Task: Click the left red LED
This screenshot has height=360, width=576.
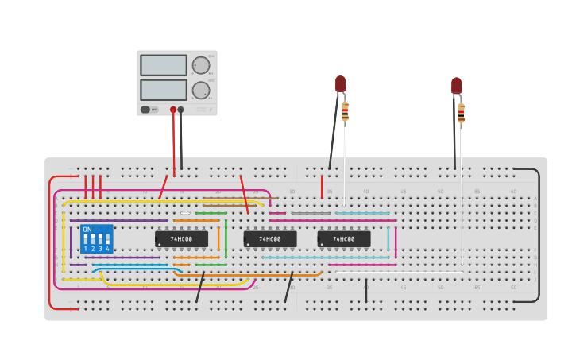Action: point(340,83)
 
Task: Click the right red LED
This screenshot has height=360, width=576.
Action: point(456,85)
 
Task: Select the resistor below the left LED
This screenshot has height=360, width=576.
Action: point(345,112)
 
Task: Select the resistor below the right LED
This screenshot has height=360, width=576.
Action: point(461,114)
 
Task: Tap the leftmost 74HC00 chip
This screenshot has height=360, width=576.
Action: point(181,238)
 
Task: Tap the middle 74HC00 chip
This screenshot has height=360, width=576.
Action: point(270,238)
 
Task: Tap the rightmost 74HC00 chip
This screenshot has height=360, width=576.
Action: point(344,238)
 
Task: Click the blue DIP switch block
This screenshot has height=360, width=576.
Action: point(96,238)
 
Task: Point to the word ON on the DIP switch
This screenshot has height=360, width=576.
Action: point(87,230)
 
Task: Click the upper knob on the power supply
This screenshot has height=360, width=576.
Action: point(201,65)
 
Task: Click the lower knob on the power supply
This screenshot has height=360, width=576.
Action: point(201,90)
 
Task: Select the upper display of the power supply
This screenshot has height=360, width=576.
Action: point(164,65)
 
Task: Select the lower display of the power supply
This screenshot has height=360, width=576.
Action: point(164,90)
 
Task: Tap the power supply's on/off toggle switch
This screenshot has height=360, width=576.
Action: point(146,110)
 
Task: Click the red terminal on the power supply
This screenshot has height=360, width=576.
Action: point(173,110)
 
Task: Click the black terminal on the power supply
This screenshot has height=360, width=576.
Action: point(181,110)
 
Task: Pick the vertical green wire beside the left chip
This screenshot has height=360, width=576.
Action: point(226,238)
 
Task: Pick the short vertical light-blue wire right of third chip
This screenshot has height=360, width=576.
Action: point(389,238)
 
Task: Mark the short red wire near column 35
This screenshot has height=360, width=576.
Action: point(322,187)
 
